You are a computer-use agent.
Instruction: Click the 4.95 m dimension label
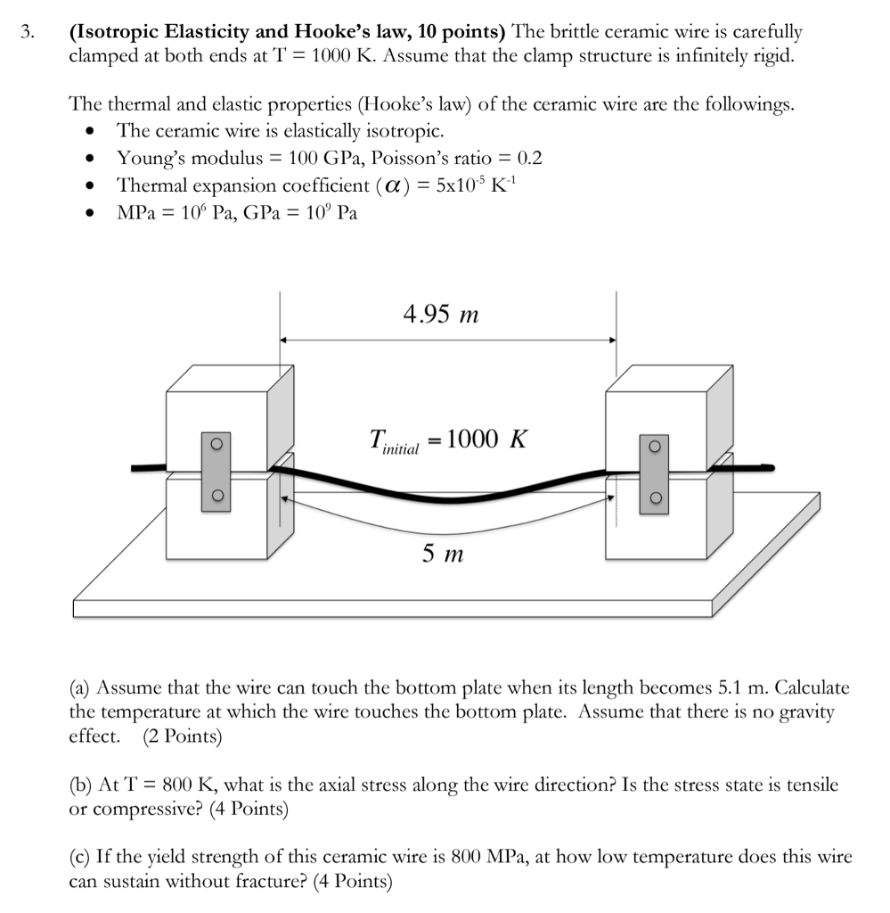(x=441, y=314)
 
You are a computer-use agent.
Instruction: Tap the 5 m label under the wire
(x=443, y=555)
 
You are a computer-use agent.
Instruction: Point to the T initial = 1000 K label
(x=448, y=440)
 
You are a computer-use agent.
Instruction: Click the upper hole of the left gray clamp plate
(x=216, y=444)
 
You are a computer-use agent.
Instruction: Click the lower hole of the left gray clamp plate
(x=216, y=496)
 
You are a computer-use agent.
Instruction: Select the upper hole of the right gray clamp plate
(x=655, y=446)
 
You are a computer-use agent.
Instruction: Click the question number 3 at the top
(x=29, y=33)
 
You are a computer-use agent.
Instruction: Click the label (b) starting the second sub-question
(x=81, y=785)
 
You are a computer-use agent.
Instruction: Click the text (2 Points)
(x=183, y=736)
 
